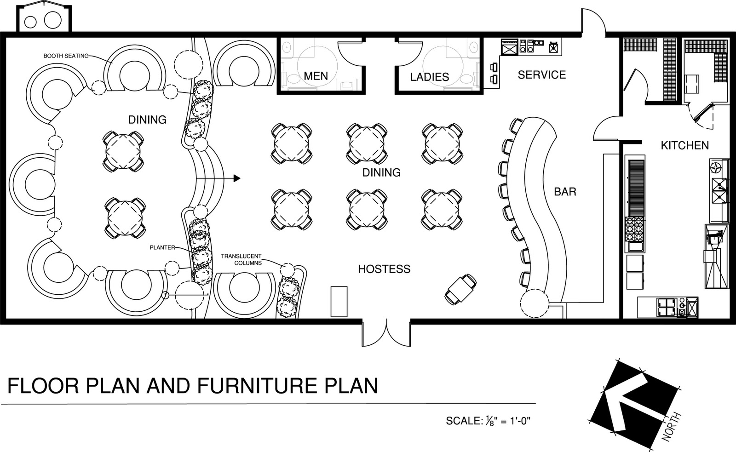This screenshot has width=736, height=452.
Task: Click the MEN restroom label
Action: pyautogui.click(x=316, y=76)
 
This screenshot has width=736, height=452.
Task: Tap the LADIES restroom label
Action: pyautogui.click(x=430, y=77)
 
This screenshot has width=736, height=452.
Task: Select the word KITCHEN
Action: pyautogui.click(x=685, y=145)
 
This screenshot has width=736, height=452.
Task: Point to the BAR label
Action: pyautogui.click(x=565, y=191)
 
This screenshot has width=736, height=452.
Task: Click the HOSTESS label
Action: pyautogui.click(x=384, y=269)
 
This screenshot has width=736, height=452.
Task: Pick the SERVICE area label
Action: pyautogui.click(x=542, y=75)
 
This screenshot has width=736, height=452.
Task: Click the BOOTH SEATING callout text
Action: pyautogui.click(x=66, y=56)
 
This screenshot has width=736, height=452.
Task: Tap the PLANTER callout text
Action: pyautogui.click(x=162, y=247)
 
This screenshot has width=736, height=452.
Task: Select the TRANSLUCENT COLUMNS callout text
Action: pyautogui.click(x=241, y=259)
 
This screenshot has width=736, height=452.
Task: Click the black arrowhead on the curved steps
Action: pyautogui.click(x=237, y=178)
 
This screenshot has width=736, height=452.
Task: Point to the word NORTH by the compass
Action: pyautogui.click(x=671, y=427)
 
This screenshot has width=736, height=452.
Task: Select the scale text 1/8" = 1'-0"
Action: pyautogui.click(x=508, y=421)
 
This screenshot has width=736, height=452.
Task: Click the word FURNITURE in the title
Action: pyautogui.click(x=255, y=386)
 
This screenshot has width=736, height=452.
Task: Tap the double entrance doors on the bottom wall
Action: pyautogui.click(x=386, y=332)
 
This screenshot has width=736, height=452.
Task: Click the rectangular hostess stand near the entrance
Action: pyautogui.click(x=339, y=301)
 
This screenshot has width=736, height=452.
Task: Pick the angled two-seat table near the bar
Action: pyautogui.click(x=460, y=289)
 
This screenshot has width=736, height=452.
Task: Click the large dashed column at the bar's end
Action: pyautogui.click(x=534, y=303)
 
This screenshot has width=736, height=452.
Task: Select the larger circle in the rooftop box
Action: pyautogui.click(x=52, y=20)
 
